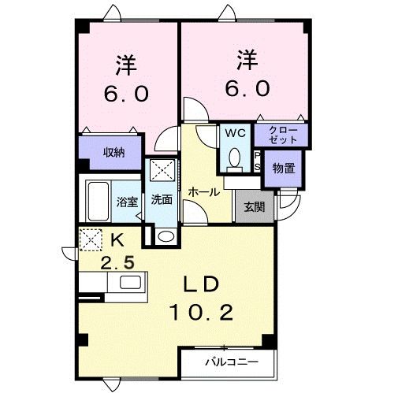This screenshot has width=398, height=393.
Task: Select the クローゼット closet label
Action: click(281, 134)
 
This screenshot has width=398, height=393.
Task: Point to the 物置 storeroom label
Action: click(283, 168)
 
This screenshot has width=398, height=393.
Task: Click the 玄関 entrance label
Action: click(253, 208)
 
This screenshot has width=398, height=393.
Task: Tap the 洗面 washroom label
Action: click(162, 200)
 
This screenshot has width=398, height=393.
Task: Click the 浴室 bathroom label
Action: click(127, 201)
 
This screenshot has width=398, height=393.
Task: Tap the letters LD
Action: click(202, 284)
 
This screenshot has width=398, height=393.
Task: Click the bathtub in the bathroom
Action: click(100, 201)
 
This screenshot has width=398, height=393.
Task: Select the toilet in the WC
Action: click(234, 159)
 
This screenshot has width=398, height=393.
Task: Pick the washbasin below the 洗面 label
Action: click(165, 236)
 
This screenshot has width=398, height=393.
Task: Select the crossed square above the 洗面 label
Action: click(163, 171)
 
